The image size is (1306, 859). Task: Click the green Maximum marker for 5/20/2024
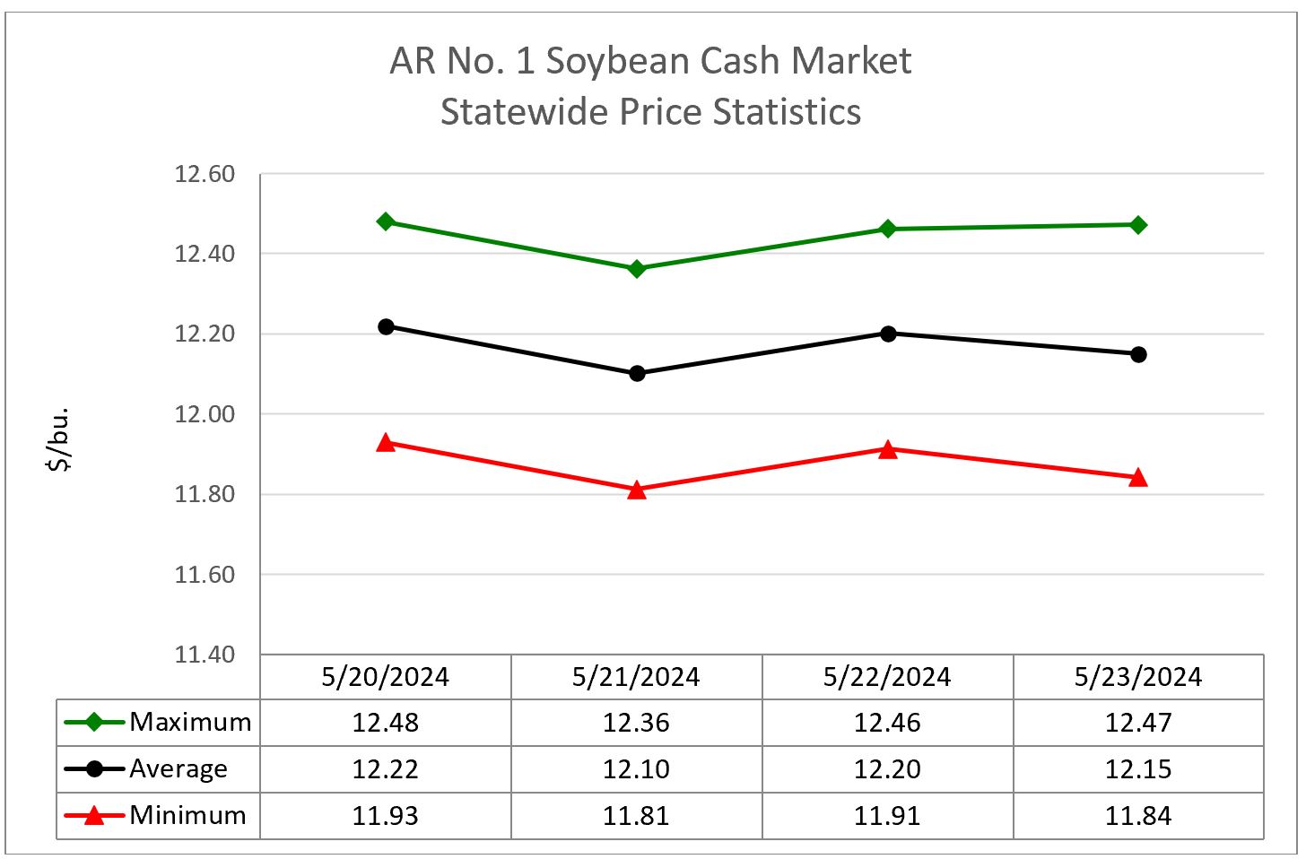pyautogui.click(x=386, y=221)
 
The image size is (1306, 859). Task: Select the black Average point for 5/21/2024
pyautogui.click(x=637, y=373)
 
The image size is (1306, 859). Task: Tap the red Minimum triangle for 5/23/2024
pyautogui.click(x=1138, y=478)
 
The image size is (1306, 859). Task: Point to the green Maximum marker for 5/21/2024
pyautogui.click(x=637, y=269)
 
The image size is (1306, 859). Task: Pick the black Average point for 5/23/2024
pyautogui.click(x=1138, y=354)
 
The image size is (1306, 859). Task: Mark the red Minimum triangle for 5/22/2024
pyautogui.click(x=888, y=449)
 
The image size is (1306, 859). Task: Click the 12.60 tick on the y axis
pyautogui.click(x=205, y=174)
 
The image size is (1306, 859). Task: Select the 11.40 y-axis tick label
pyautogui.click(x=205, y=655)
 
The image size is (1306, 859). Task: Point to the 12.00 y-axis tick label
pyautogui.click(x=205, y=414)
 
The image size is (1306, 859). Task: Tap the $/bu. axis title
pyautogui.click(x=59, y=439)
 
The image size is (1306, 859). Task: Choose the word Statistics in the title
pyautogui.click(x=787, y=112)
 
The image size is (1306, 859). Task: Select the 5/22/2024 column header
pyautogui.click(x=887, y=677)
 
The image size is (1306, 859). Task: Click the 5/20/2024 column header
pyautogui.click(x=386, y=677)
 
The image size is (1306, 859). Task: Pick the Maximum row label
pyautogui.click(x=190, y=722)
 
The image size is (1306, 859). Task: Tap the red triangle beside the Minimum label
pyautogui.click(x=93, y=815)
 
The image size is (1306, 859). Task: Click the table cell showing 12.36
pyautogui.click(x=636, y=723)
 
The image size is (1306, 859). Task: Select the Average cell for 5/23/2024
pyautogui.click(x=1138, y=769)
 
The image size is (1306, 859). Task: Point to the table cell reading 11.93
pyautogui.click(x=386, y=816)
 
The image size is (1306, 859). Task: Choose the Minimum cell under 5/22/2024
pyautogui.click(x=887, y=816)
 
